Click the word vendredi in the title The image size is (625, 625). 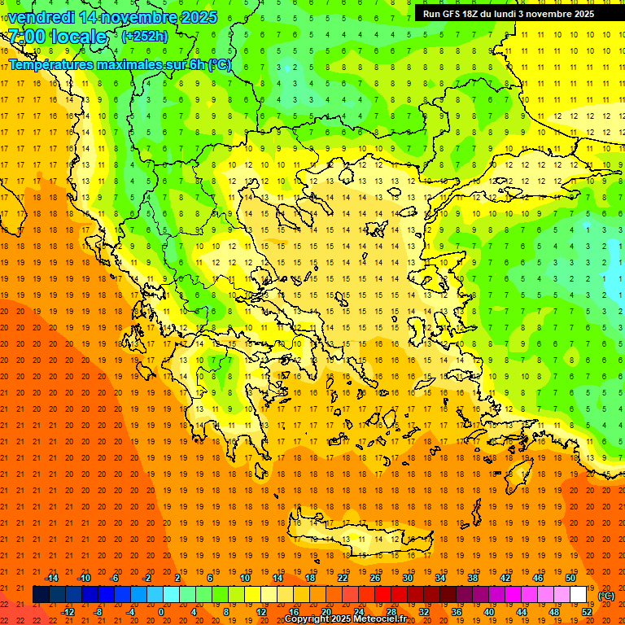(x=42, y=17)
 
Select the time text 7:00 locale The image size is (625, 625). (x=57, y=37)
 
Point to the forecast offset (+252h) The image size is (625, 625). (x=145, y=36)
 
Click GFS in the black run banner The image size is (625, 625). (x=452, y=13)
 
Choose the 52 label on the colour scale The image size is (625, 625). (x=587, y=612)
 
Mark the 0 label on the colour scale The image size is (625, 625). (x=162, y=612)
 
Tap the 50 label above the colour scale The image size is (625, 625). (x=570, y=578)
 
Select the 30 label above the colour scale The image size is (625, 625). (x=407, y=578)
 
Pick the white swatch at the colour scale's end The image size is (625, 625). (x=579, y=595)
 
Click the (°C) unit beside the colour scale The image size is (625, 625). (x=606, y=596)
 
